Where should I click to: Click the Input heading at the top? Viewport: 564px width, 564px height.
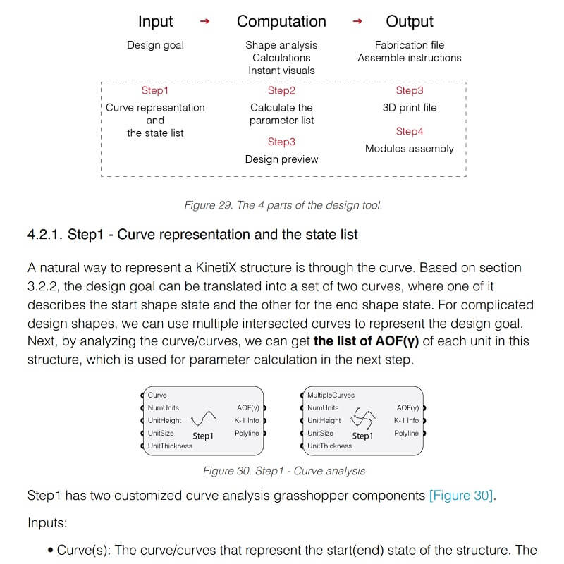coord(155,21)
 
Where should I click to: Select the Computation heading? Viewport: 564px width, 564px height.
coord(281,21)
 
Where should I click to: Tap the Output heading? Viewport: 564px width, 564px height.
coord(410,21)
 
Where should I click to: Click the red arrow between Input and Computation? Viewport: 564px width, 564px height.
coord(204,22)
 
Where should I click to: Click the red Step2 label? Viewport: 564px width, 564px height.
coord(281,90)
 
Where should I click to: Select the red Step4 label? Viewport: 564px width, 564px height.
coord(410,131)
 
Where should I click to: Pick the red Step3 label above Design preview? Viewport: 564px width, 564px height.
coord(281,142)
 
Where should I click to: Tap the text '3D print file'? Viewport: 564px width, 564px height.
coord(410,107)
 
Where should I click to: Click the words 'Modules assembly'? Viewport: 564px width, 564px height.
coord(410,148)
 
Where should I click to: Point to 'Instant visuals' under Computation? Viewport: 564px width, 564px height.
coord(281,70)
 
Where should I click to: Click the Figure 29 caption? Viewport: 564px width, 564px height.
coord(283,205)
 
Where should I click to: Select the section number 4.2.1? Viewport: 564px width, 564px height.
coord(45,235)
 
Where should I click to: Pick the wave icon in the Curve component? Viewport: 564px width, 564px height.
coord(202,420)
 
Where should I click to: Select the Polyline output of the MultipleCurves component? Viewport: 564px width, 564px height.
coord(406,433)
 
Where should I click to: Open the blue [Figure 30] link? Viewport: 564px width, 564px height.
coord(462,496)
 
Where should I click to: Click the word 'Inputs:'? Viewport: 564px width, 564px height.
coord(48,523)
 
